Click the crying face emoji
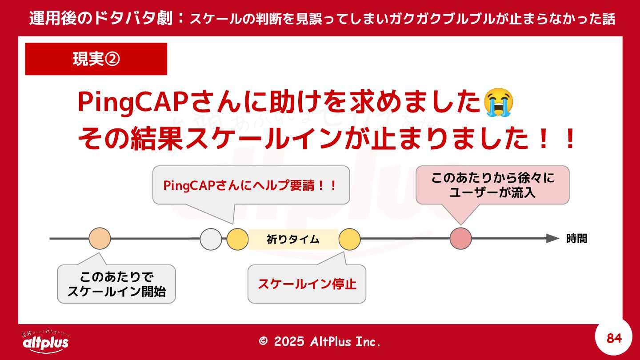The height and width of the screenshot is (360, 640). (499, 102)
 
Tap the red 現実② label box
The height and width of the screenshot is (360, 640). (96, 59)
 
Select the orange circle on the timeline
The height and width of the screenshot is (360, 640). (100, 239)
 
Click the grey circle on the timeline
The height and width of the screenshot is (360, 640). (211, 239)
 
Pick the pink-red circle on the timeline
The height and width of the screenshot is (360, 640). (460, 239)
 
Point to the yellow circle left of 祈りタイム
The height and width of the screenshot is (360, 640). (237, 239)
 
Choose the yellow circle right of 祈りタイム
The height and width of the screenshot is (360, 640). (349, 239)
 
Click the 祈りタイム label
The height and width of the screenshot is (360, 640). (293, 239)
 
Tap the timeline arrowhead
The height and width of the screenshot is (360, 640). (552, 239)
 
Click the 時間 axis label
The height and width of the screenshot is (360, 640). (577, 239)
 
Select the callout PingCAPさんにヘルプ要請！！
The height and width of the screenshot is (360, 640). (251, 185)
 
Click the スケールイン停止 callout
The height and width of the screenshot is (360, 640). (307, 284)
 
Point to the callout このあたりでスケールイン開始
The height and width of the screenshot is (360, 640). (116, 284)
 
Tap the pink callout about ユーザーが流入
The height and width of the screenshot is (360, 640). (492, 185)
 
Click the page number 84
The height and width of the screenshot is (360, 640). (614, 339)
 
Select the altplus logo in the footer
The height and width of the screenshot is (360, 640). (45, 341)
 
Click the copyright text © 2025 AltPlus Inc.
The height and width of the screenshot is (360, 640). (320, 341)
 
